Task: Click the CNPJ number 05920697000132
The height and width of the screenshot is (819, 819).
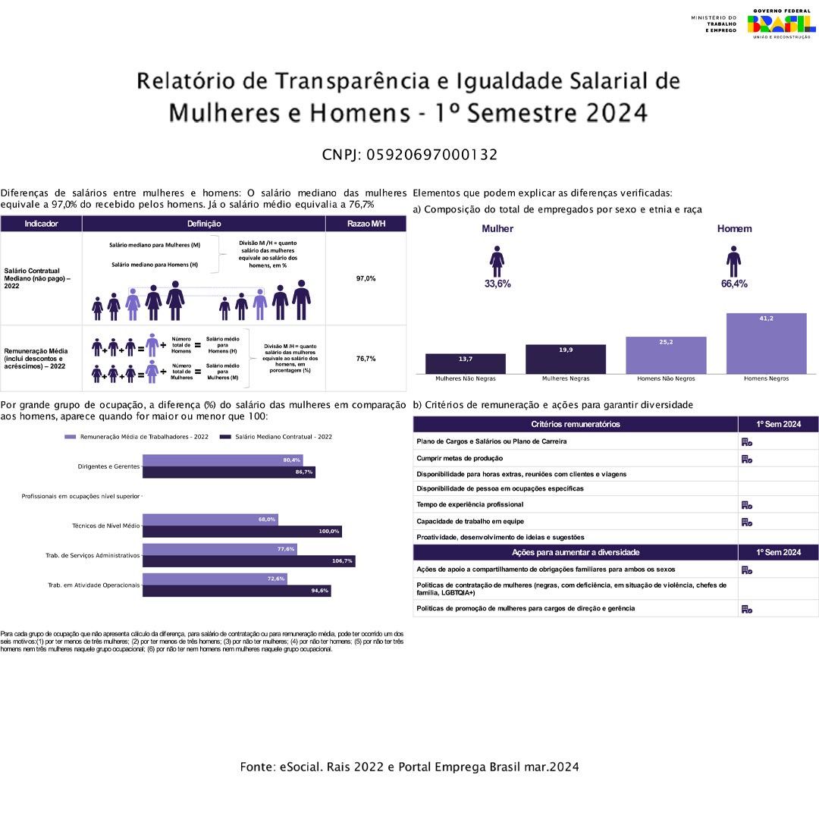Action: point(409,155)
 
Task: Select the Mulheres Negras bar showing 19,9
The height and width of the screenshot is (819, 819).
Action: point(565,359)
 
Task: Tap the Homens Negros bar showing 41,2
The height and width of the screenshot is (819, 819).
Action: point(766,343)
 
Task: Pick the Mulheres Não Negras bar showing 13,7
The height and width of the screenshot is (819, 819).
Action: point(466,363)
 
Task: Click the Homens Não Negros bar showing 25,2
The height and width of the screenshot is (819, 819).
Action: point(666,355)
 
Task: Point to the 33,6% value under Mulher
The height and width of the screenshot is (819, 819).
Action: point(497,284)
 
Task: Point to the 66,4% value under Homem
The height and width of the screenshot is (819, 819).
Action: point(734,284)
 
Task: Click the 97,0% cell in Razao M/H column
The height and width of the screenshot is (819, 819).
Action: point(366,278)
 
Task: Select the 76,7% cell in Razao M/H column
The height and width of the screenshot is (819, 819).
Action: point(366,358)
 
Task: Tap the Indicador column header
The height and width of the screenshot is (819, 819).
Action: point(42,224)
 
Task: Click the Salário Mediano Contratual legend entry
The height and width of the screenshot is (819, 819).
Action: point(278,437)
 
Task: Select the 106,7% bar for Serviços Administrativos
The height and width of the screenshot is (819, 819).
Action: point(249,561)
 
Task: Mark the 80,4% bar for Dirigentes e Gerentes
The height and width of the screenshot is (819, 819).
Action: point(222,460)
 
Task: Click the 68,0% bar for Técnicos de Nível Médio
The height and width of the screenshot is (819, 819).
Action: point(210,519)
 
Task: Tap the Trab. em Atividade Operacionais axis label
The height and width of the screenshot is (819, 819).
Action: point(93,585)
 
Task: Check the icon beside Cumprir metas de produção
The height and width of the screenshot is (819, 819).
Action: point(746,458)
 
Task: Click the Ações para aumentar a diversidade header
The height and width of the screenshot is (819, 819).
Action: point(576,552)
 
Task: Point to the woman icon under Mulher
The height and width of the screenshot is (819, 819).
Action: point(497,261)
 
